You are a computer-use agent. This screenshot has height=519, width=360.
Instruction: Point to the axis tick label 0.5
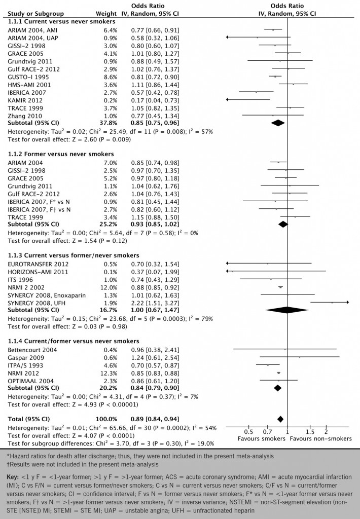249,431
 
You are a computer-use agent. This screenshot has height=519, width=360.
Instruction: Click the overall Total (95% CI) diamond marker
280,419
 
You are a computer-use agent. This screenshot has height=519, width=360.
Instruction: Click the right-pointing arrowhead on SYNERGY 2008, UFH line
348,302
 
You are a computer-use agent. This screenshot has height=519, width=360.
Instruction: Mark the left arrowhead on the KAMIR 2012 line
227,99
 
